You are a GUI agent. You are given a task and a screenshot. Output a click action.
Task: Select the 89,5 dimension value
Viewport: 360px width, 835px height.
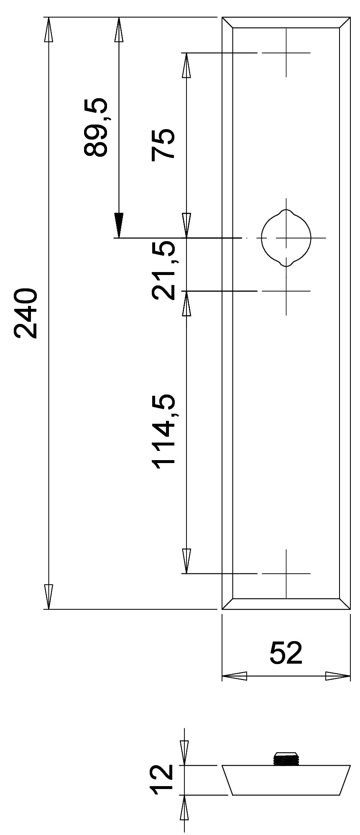[96, 127]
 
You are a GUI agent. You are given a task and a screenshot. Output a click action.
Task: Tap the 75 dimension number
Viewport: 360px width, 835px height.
[163, 144]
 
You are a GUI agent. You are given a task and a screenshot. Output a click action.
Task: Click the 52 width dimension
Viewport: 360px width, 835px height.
[286, 653]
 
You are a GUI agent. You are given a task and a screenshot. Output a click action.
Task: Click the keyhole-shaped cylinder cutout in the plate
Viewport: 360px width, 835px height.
[286, 238]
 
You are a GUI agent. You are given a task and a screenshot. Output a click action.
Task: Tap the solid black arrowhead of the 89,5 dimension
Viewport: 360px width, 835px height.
[119, 225]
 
